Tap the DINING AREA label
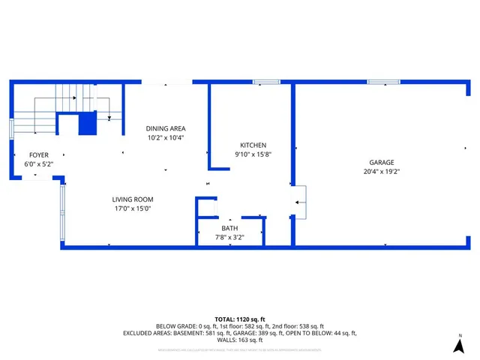click(166, 128)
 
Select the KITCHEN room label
click(253, 145)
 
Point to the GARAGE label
click(381, 162)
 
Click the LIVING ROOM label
click(132, 199)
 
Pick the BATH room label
click(229, 228)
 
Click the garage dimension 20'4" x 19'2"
click(381, 171)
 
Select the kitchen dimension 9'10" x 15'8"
click(253, 154)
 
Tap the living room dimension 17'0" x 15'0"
click(132, 208)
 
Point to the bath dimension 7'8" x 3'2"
click(229, 237)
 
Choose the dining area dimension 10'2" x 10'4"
click(166, 137)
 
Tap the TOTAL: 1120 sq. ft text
click(239, 318)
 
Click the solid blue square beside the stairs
click(88, 124)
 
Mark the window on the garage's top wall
click(382, 82)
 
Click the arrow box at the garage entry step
click(300, 202)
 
